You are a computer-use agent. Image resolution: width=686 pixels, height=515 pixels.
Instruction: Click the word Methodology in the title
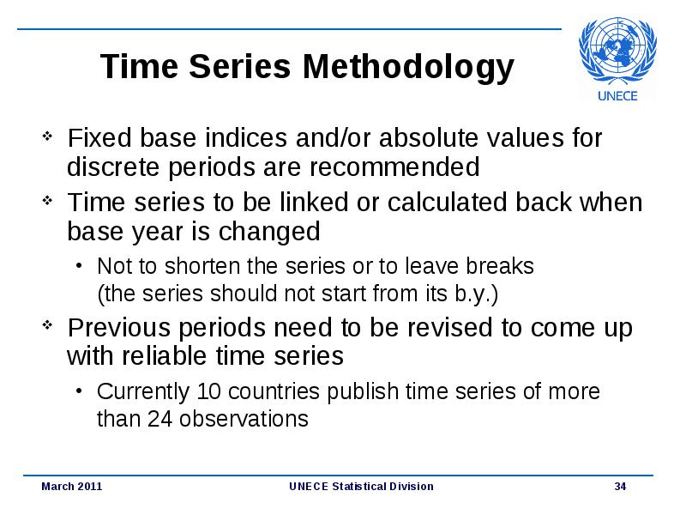(408, 68)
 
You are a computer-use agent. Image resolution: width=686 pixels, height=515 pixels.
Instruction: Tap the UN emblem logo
(617, 51)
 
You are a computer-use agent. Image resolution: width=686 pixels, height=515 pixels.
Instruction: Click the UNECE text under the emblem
(617, 96)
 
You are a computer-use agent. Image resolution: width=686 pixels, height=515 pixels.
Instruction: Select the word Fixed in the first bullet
(99, 137)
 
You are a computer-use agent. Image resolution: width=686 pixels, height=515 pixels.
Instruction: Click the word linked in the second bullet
(314, 202)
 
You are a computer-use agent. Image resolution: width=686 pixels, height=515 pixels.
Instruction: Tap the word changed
(269, 231)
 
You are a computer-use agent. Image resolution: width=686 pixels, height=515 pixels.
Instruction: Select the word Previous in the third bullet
(118, 328)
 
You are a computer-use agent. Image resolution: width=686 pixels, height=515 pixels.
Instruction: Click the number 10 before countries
(208, 391)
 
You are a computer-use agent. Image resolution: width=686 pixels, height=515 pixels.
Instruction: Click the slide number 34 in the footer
(620, 486)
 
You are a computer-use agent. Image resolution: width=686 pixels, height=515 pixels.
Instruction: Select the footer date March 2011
(72, 486)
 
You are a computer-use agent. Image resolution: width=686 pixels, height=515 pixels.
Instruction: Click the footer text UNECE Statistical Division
(361, 486)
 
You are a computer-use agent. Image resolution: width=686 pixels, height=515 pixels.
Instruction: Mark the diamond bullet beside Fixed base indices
(47, 136)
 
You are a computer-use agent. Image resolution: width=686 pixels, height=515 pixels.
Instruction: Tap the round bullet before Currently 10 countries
(78, 391)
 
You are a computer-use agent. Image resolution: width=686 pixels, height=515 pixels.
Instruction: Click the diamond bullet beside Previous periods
(47, 325)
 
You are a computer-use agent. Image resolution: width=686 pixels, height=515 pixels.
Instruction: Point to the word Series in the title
(240, 67)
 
